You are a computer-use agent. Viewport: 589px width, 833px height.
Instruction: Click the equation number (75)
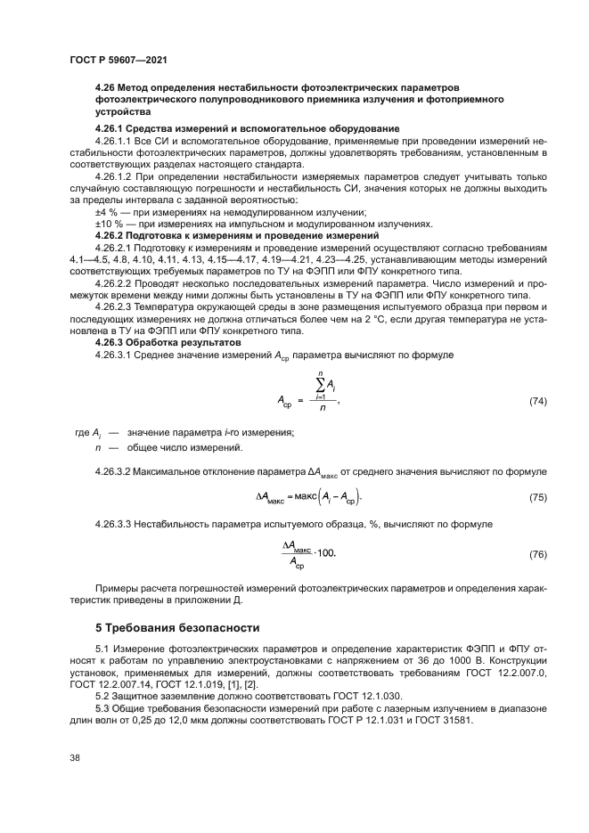pos(538,496)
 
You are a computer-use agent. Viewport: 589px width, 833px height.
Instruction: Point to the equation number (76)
pos(538,554)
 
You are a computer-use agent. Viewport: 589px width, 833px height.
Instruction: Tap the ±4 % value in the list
pos(107,212)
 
